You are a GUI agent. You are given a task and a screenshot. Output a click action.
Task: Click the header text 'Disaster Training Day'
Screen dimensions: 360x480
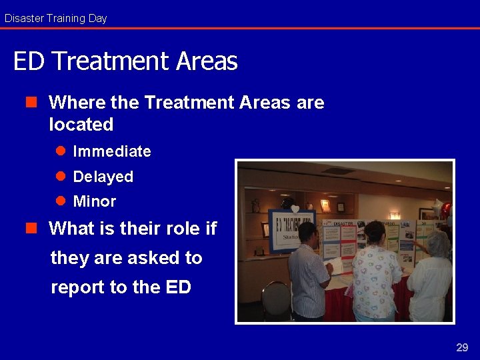pyautogui.click(x=55, y=18)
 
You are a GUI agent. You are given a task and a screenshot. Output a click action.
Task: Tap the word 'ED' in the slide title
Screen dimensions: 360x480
pyautogui.click(x=28, y=61)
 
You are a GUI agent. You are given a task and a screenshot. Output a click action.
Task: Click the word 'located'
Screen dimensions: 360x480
pyautogui.click(x=81, y=125)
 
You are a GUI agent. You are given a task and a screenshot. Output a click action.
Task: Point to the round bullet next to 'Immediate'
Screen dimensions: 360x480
pyautogui.click(x=60, y=151)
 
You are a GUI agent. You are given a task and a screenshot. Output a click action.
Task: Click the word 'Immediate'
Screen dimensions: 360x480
pyautogui.click(x=111, y=151)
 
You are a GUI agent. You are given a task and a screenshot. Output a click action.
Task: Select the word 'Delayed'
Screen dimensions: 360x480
pyautogui.click(x=103, y=177)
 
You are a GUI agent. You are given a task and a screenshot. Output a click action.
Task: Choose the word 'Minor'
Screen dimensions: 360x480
pyautogui.click(x=94, y=201)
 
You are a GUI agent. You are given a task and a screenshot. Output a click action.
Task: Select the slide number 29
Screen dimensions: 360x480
pyautogui.click(x=462, y=347)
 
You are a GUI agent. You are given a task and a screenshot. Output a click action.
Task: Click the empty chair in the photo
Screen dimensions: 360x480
pyautogui.click(x=276, y=300)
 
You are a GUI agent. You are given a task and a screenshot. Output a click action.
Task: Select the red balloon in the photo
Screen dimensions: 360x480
pyautogui.click(x=446, y=211)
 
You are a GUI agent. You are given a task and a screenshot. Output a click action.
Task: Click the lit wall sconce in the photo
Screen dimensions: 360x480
pyautogui.click(x=395, y=215)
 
